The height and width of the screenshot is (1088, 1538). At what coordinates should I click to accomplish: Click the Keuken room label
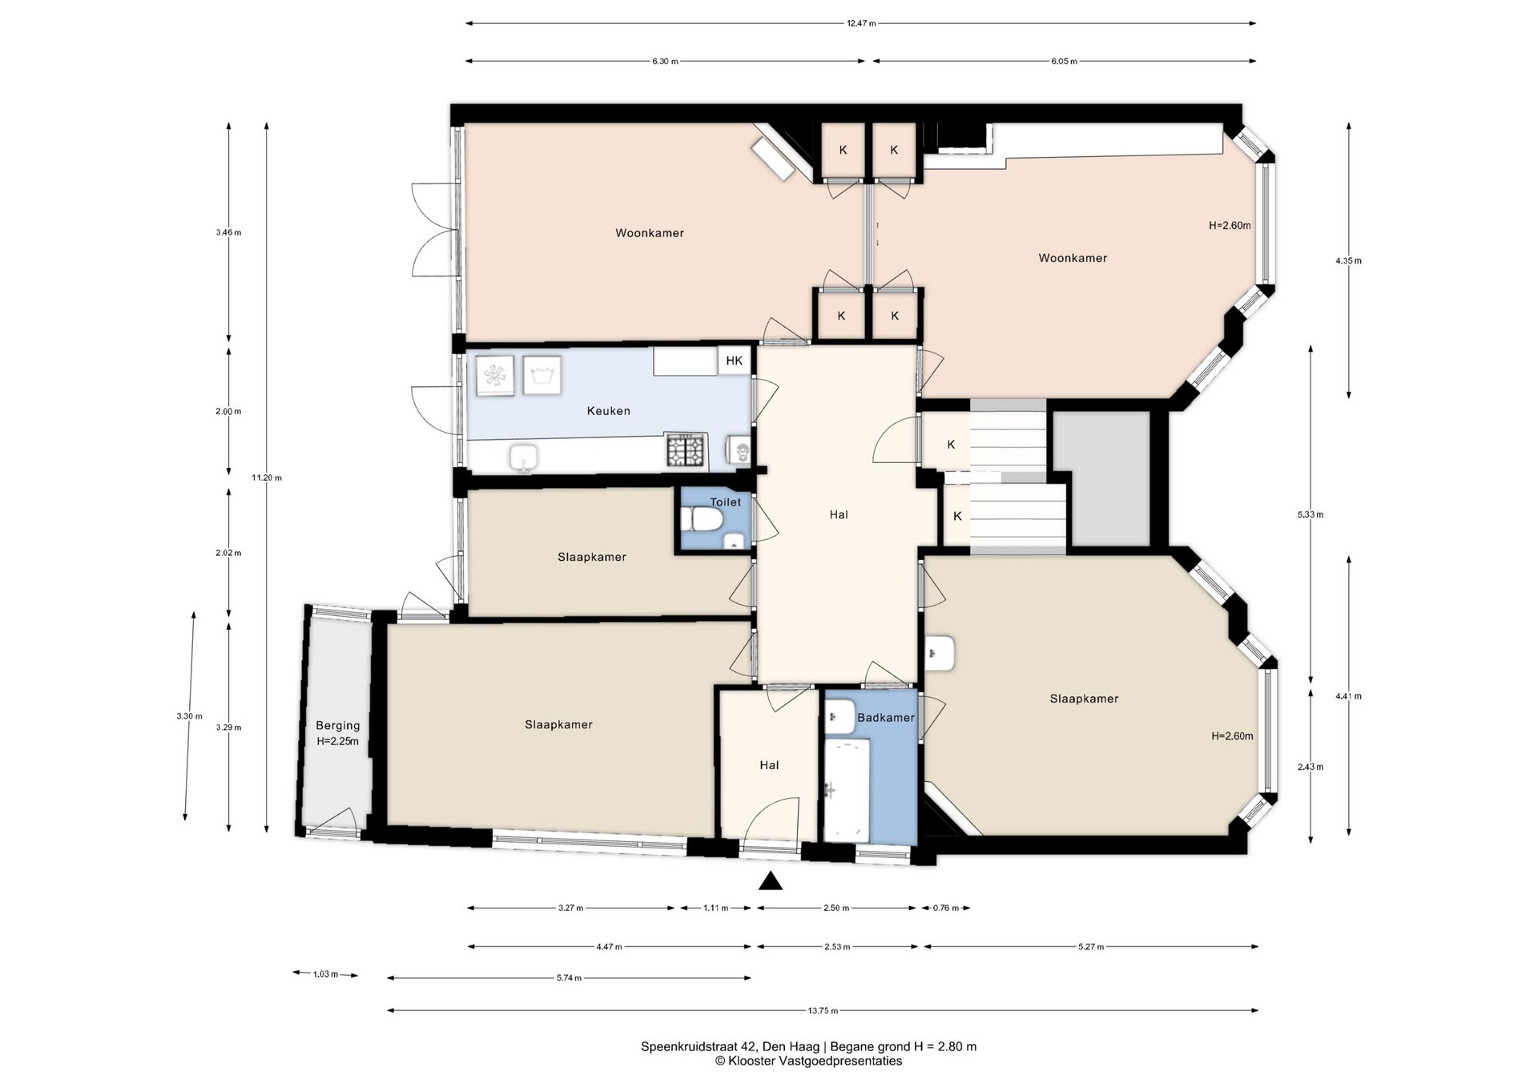(x=608, y=411)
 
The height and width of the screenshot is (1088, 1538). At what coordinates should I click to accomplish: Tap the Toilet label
(x=725, y=502)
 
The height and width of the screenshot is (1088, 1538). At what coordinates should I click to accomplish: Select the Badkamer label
(x=885, y=718)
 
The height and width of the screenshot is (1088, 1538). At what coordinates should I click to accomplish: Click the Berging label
(x=337, y=726)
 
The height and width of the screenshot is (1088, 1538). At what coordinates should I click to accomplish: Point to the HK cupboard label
(x=734, y=361)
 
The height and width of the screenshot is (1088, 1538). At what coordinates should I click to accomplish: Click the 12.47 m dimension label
(x=861, y=23)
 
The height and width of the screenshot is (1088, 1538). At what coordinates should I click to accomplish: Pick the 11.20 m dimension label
(x=267, y=478)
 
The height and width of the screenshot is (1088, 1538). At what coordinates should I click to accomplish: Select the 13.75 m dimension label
(x=823, y=1011)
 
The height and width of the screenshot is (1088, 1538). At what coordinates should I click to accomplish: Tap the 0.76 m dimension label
(x=945, y=909)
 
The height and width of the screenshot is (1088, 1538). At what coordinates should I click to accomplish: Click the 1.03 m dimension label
(x=325, y=974)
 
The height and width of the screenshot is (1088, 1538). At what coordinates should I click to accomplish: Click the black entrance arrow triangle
(x=771, y=881)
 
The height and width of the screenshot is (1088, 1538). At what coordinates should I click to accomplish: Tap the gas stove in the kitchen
(x=686, y=451)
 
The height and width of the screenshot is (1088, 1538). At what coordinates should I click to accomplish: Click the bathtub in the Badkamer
(x=847, y=789)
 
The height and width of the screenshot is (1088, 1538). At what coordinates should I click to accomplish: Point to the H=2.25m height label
(x=337, y=742)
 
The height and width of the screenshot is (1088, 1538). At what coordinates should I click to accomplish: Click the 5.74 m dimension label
(x=569, y=978)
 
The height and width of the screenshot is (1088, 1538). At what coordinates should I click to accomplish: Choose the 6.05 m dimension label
(x=1065, y=62)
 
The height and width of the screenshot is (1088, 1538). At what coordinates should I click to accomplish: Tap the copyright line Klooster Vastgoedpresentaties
(x=809, y=1062)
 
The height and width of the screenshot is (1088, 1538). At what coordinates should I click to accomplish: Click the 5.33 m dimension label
(x=1311, y=515)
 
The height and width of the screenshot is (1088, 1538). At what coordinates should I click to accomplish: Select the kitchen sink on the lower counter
(x=525, y=459)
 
